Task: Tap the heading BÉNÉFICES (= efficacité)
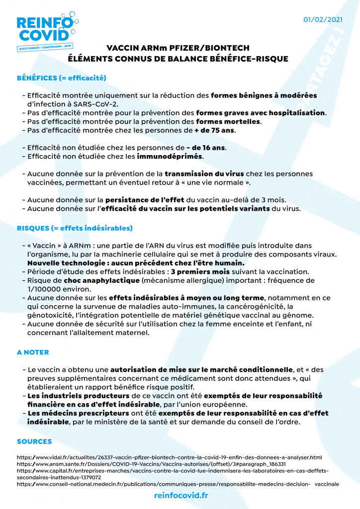tap(62, 78)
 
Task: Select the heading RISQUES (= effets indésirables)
tap(75, 229)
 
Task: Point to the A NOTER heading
tap(33, 352)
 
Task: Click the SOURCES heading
tap(34, 441)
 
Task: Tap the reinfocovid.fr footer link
tap(181, 495)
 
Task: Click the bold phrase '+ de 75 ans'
tap(215, 131)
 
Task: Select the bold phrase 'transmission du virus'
tap(204, 174)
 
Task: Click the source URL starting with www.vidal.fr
tap(170, 457)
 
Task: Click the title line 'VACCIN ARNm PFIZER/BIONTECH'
tap(178, 48)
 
